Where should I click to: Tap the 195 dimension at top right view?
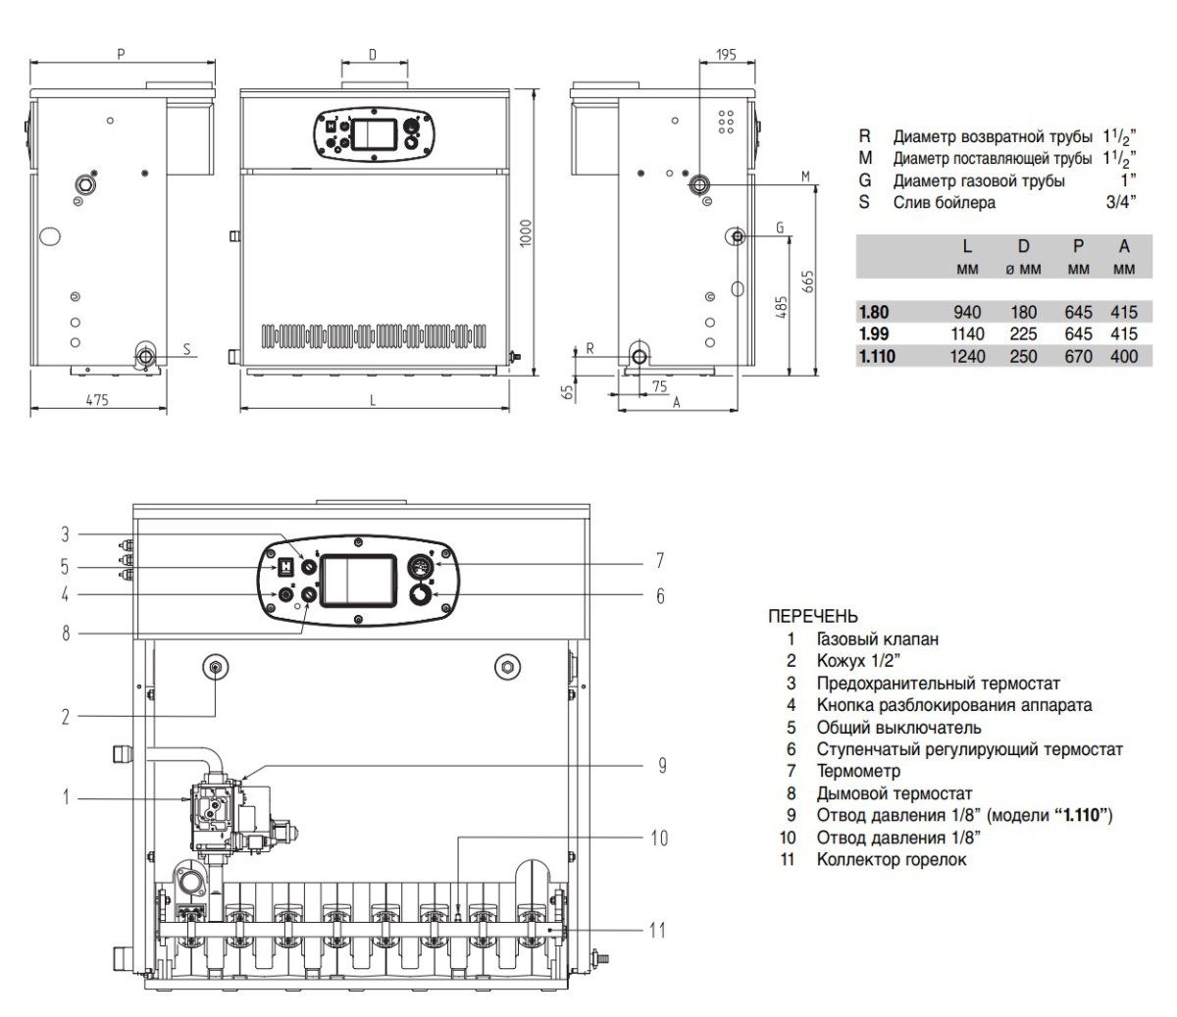[726, 55]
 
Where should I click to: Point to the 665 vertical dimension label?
[807, 283]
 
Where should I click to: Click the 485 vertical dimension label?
[781, 309]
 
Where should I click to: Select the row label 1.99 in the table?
[873, 334]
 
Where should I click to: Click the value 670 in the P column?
[1079, 357]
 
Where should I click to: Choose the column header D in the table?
[1023, 247]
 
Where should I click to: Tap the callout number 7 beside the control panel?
[659, 561]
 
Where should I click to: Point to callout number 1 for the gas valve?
[67, 797]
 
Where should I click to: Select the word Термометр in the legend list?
[858, 772]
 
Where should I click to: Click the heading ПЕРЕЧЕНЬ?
[812, 617]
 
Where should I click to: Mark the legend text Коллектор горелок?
[891, 860]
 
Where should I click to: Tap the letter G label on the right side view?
[779, 229]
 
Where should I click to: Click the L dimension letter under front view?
[373, 399]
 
